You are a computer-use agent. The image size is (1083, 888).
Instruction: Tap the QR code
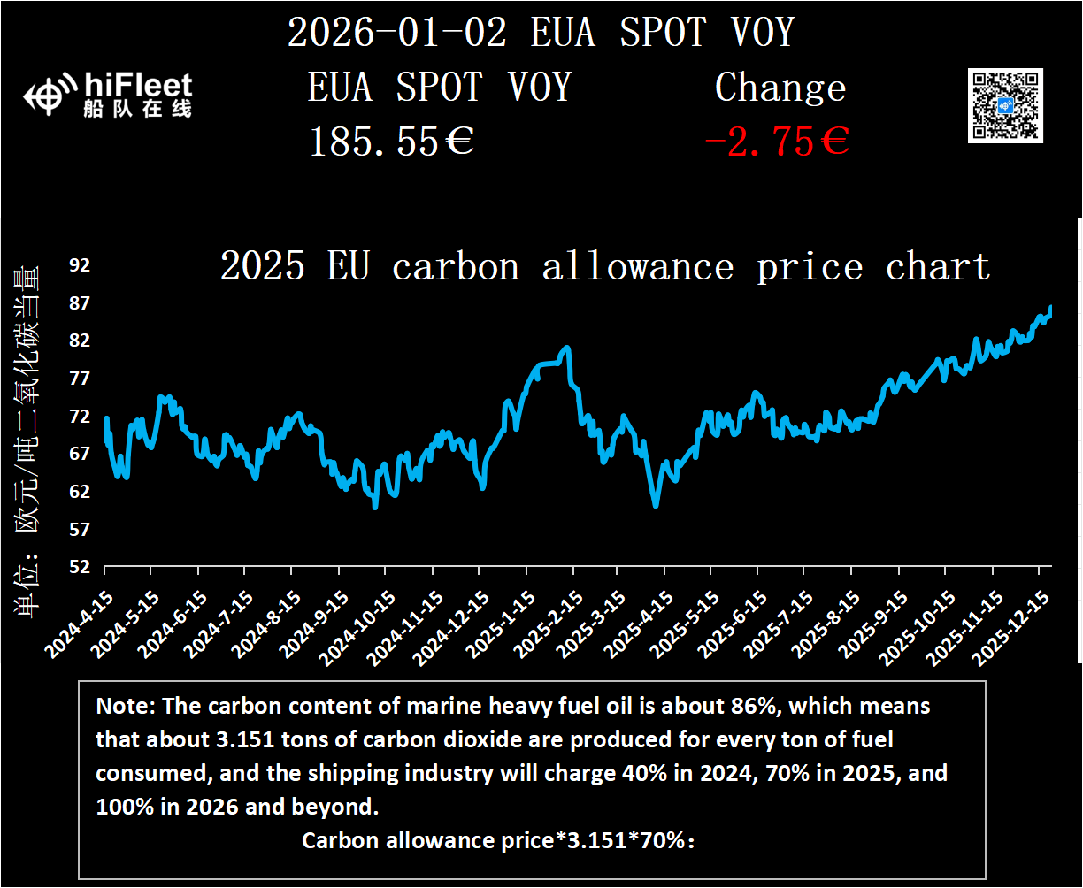coord(1005,105)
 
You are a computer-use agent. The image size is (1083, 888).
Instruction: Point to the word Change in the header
coord(780,88)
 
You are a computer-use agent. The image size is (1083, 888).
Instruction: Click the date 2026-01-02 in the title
coord(397,34)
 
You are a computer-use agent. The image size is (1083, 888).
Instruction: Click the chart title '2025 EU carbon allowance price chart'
coord(604,266)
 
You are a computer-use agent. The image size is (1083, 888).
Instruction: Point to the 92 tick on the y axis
coord(80,265)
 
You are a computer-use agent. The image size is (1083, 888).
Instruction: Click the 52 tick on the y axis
coord(80,567)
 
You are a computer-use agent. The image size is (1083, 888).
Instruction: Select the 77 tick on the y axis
coord(80,379)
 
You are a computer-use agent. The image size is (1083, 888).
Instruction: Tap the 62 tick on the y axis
coord(80,492)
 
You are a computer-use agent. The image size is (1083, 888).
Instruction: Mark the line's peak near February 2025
coord(566,348)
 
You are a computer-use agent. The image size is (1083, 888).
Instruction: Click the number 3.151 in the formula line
coord(594,840)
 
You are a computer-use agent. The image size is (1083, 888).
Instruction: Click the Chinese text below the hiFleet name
coord(135,110)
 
